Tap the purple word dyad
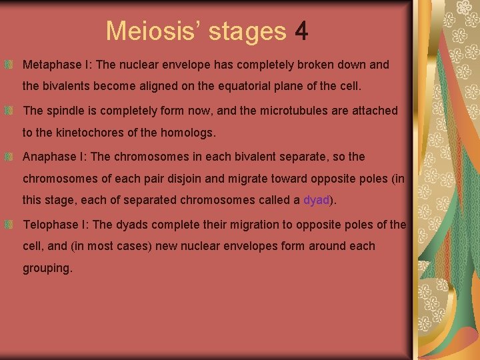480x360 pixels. pos(316,200)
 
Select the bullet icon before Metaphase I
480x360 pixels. pos(9,65)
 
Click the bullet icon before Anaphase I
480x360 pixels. pos(9,157)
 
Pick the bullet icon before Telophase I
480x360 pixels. pos(9,225)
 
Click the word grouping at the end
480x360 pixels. pos(47,269)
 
